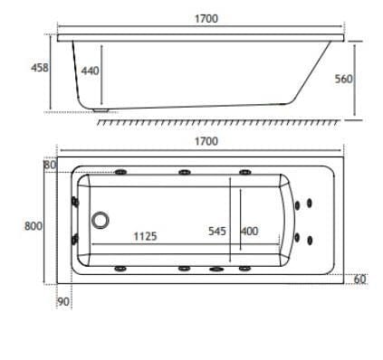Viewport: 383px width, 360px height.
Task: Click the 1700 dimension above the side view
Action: pyautogui.click(x=206, y=19)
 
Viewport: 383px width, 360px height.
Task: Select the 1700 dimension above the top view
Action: pyautogui.click(x=206, y=141)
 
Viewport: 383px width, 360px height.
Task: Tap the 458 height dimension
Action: pyautogui.click(x=40, y=68)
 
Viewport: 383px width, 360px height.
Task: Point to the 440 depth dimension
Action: pyautogui.click(x=90, y=71)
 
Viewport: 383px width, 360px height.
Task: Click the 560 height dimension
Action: pyautogui.click(x=344, y=79)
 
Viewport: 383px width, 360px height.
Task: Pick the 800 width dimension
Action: pyautogui.click(x=34, y=226)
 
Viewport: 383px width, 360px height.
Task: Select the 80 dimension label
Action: pyautogui.click(x=50, y=165)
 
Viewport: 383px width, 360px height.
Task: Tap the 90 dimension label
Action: pyautogui.click(x=63, y=301)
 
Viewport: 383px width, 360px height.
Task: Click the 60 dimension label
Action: pyautogui.click(x=359, y=279)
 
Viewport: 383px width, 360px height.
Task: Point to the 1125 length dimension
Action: pyautogui.click(x=146, y=236)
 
